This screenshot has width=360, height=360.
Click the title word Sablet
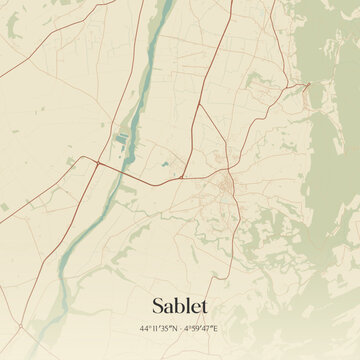click(180, 303)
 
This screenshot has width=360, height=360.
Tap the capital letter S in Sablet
click(159, 303)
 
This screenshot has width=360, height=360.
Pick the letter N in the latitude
click(175, 328)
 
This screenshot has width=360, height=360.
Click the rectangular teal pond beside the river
click(122, 139)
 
